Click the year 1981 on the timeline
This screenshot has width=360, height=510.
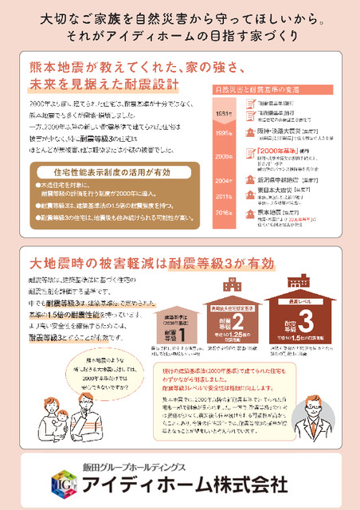coord(225,114)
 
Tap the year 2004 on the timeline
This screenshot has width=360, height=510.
coord(225,181)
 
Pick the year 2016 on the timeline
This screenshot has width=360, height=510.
coord(225,213)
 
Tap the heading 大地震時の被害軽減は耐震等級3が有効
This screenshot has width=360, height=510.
coord(154,263)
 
